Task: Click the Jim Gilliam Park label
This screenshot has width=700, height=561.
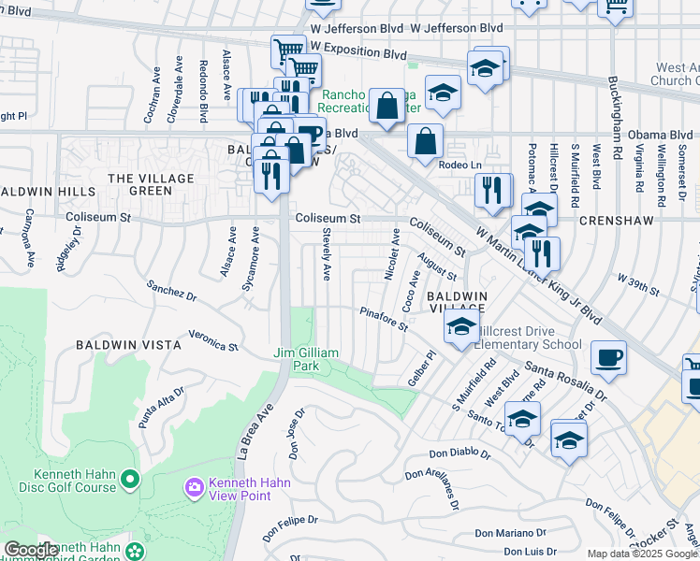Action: tap(308, 359)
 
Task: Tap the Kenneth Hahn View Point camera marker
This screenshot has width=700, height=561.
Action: tap(195, 486)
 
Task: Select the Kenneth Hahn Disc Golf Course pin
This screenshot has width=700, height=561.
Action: tap(129, 481)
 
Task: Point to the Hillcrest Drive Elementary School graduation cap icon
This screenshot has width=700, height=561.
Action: tap(460, 328)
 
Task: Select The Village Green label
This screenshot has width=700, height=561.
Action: tap(152, 184)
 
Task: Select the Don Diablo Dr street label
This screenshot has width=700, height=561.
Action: tap(460, 455)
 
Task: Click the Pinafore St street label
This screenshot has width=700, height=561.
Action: tap(385, 319)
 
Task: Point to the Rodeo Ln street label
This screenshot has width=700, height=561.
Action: tap(459, 165)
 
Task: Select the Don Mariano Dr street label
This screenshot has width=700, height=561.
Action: tap(509, 534)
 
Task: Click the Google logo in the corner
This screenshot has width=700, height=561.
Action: tap(31, 551)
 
